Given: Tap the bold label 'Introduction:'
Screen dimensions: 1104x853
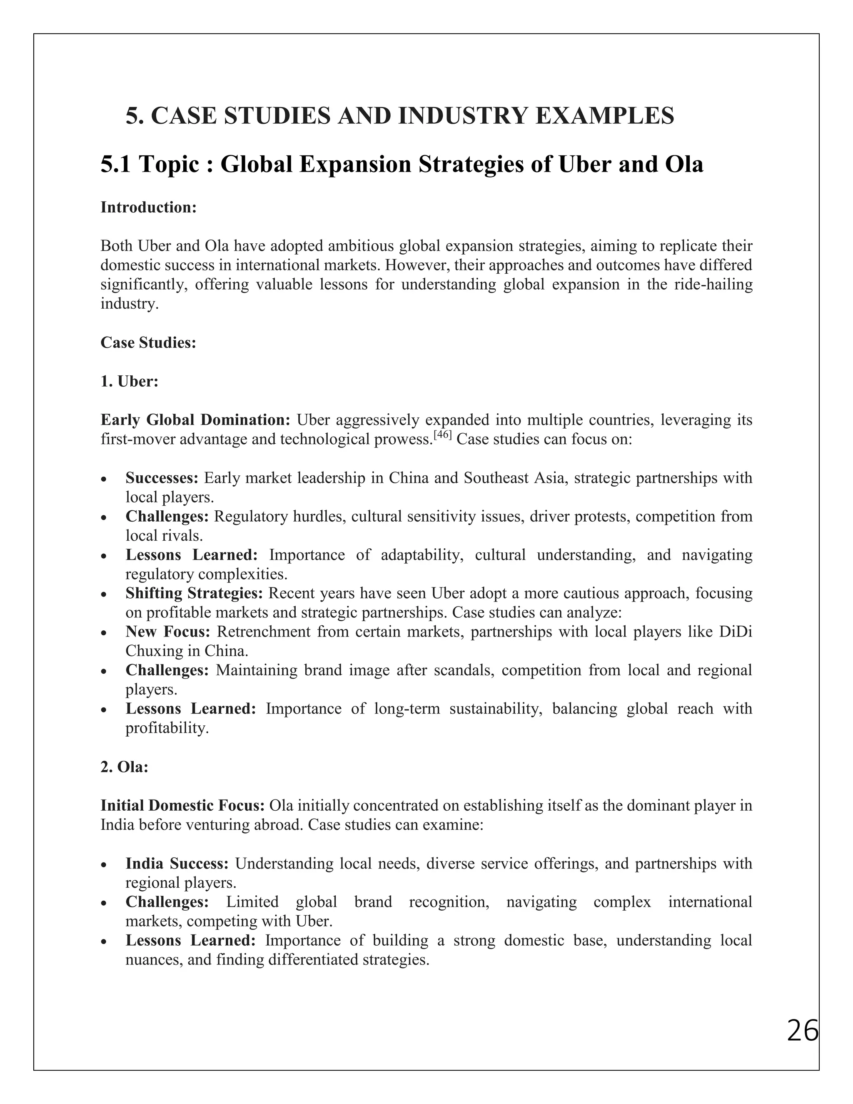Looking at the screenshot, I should click(x=148, y=207).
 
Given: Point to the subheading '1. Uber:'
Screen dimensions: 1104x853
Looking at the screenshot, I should click(x=130, y=381).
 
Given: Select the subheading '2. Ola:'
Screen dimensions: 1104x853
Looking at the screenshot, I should click(x=124, y=767).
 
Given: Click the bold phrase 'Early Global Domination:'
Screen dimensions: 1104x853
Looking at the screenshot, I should click(x=195, y=420).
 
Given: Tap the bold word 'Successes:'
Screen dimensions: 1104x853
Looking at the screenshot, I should click(x=162, y=478).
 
